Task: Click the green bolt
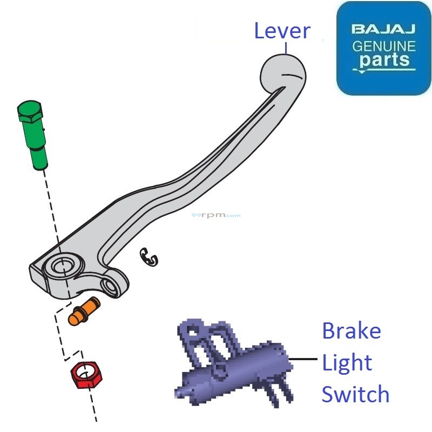tap(33, 135)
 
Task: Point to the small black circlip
tap(150, 257)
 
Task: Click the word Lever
tap(282, 31)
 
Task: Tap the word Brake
tap(351, 330)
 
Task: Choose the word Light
tap(347, 363)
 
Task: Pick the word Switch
tap(355, 394)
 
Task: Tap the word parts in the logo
tap(384, 59)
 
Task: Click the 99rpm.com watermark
tap(216, 215)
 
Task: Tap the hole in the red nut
tap(85, 372)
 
